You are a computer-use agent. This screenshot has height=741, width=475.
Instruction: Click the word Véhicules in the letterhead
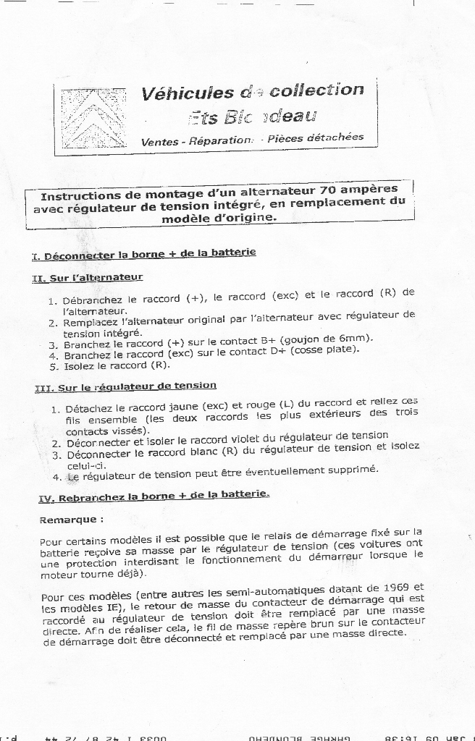[x=188, y=94]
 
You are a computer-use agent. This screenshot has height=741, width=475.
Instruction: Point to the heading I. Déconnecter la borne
[x=143, y=254]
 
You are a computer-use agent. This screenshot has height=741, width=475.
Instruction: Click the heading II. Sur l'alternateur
[x=88, y=277]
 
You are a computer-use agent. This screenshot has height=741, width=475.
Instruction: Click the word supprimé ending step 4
[x=353, y=470]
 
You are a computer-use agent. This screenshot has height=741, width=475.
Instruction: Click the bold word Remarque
[x=71, y=520]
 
